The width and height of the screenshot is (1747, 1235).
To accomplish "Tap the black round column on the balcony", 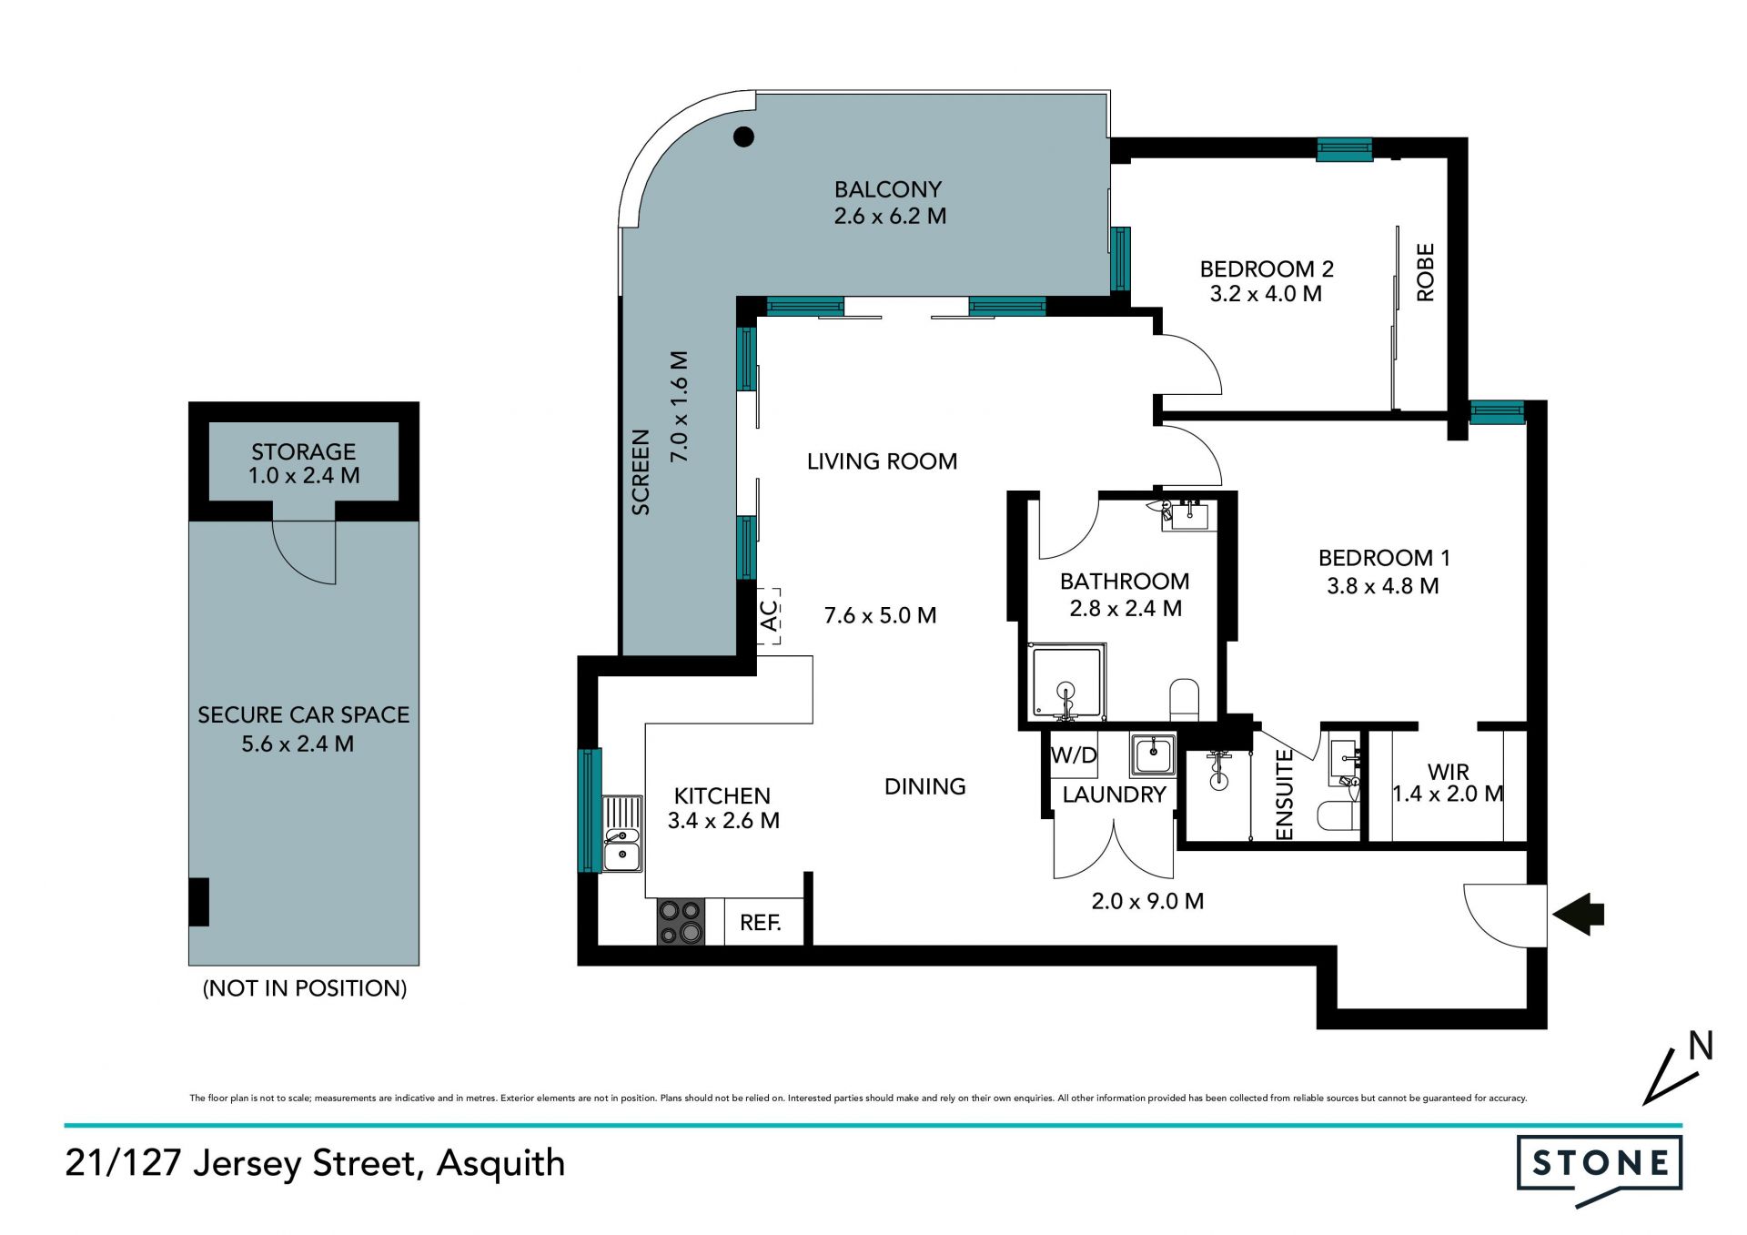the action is (744, 137).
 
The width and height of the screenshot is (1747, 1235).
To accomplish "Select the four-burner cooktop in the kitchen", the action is (681, 922).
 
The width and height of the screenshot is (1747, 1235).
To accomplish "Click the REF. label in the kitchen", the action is (761, 923).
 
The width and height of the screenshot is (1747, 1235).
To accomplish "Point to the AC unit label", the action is (769, 616).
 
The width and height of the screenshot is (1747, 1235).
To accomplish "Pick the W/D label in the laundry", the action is (1074, 755).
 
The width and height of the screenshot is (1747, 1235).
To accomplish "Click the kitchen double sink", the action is (622, 834).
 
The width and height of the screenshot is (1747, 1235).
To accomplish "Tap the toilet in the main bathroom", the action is (1185, 699).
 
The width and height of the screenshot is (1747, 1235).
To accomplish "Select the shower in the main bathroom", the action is (1066, 683).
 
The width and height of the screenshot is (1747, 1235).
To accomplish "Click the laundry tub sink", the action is (1153, 754).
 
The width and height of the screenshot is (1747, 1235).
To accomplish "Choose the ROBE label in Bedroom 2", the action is (1425, 272).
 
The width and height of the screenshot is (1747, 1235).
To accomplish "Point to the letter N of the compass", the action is (1701, 1046).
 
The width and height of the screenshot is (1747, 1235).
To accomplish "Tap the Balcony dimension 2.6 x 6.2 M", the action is (890, 217).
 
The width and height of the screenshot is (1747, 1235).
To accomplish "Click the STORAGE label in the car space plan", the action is (304, 451).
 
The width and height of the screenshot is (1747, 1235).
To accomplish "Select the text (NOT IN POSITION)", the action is (305, 988).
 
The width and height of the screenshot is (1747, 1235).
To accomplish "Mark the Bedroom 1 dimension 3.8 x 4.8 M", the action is (1383, 586).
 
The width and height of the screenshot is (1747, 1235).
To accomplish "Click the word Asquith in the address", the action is (501, 1164).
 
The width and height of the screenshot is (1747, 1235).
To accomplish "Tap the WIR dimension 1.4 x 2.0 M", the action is (1448, 794).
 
